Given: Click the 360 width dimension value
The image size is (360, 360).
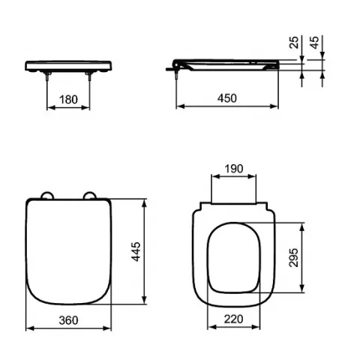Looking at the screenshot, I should [69, 320].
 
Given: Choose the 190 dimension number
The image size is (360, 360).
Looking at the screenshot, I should [234, 169].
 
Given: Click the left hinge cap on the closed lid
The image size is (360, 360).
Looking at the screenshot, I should [47, 196].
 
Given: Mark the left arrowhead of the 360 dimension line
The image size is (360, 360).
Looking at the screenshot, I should [28, 328].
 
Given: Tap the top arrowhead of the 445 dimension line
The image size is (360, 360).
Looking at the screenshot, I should [145, 202].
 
